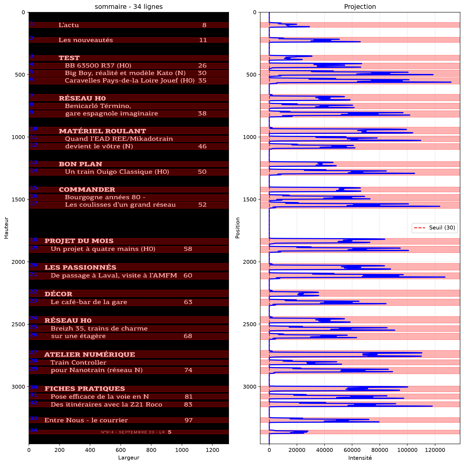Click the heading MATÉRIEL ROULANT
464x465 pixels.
(102, 131)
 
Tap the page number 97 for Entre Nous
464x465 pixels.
(189, 420)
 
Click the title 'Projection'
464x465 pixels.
(360, 7)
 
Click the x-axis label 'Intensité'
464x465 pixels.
(360, 458)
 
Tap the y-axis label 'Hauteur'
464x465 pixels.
(6, 228)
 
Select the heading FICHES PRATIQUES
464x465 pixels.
(85, 389)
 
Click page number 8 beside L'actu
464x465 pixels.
(204, 25)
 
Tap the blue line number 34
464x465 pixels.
(34, 430)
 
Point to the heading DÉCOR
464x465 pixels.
(58, 294)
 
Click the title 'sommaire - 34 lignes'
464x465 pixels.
(129, 7)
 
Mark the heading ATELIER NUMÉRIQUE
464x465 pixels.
(90, 355)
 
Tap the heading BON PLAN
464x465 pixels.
(80, 164)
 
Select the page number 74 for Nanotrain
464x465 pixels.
(188, 370)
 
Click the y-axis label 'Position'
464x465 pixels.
(237, 228)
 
